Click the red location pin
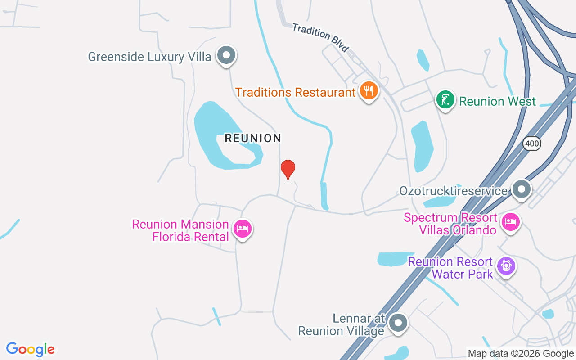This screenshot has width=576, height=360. click(x=288, y=169)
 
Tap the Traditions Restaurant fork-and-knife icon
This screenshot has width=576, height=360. click(x=369, y=91)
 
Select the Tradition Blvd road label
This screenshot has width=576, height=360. click(x=320, y=37)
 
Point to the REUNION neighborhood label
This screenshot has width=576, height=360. click(x=253, y=138)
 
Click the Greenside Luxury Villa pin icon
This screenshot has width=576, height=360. click(x=226, y=55)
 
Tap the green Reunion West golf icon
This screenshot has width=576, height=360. click(x=445, y=100)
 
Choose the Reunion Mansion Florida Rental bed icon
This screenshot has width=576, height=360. click(x=243, y=229)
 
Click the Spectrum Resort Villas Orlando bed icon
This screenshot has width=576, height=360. click(x=511, y=222)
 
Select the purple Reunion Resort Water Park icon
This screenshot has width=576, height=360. click(x=506, y=266)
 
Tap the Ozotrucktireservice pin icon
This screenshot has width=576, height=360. click(x=522, y=189)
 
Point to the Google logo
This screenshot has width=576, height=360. click(x=31, y=349)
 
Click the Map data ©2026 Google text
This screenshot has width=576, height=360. click(x=520, y=354)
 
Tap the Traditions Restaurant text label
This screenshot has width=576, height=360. click(x=296, y=93)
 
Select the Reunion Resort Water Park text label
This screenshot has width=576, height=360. click(x=450, y=268)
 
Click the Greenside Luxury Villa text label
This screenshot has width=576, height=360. click(x=149, y=57)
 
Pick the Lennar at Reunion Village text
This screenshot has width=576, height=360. click(x=342, y=325)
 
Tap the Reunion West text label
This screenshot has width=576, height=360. click(x=497, y=101)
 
